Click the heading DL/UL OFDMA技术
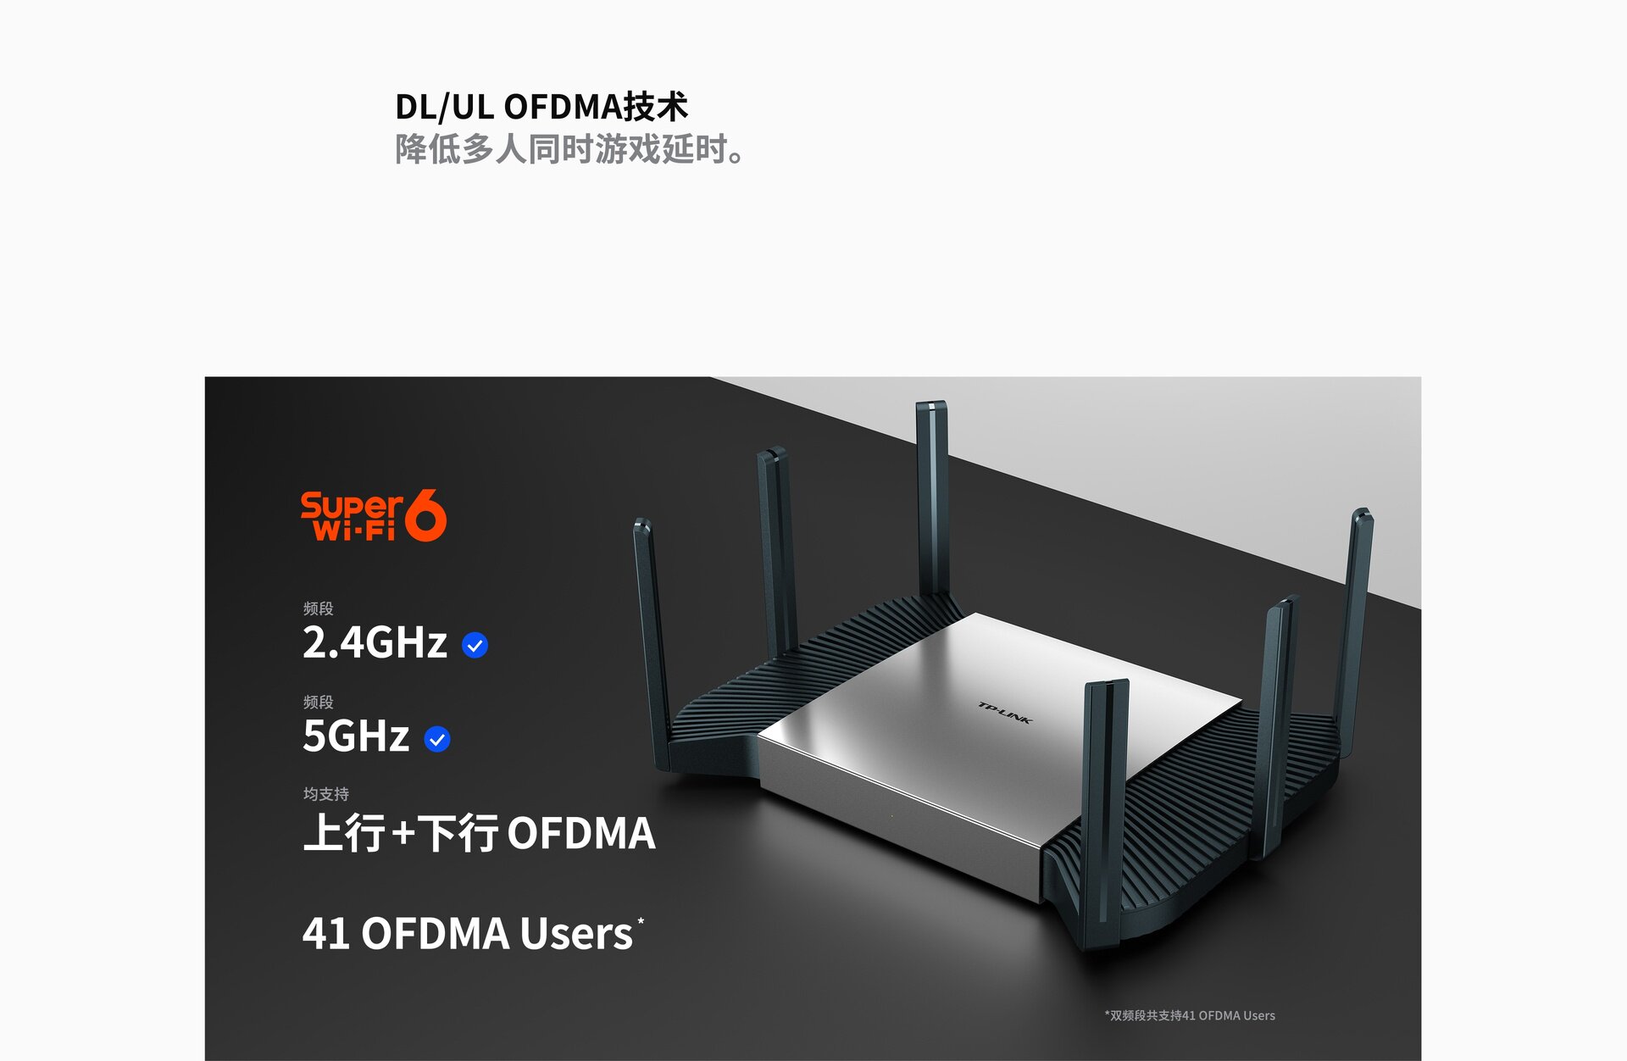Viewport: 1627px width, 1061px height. tap(541, 107)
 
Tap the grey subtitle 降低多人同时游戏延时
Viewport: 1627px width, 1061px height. tap(569, 149)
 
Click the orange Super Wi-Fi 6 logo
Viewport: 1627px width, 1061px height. tap(373, 515)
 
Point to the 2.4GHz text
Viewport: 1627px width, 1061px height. tap(375, 642)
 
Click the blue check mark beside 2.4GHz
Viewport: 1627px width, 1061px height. tap(475, 646)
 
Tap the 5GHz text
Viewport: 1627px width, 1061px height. tap(356, 736)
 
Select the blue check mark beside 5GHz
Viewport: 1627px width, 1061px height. tap(437, 740)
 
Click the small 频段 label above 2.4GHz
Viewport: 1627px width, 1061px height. tap(319, 608)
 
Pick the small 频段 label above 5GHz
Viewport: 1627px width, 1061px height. tap(319, 702)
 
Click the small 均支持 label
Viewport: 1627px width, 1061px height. tap(326, 794)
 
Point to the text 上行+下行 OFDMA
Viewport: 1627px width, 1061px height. tap(479, 833)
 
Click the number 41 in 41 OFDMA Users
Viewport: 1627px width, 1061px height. tap(326, 934)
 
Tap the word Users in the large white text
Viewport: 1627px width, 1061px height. tap(576, 934)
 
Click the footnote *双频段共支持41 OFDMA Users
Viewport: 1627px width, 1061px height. tap(1190, 1015)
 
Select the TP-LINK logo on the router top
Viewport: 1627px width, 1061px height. tap(1005, 713)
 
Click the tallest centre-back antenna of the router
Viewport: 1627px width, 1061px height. tap(932, 500)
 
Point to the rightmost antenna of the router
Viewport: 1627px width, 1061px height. tap(1353, 619)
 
